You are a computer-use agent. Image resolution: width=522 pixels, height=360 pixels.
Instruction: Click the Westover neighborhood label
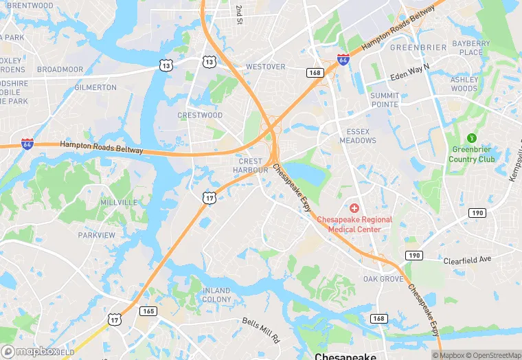(265, 67)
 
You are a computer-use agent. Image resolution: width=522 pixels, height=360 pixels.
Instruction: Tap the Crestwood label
(200, 115)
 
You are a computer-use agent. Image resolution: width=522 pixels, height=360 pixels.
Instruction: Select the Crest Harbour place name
(250, 166)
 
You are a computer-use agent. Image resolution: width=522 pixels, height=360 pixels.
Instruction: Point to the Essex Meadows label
(358, 136)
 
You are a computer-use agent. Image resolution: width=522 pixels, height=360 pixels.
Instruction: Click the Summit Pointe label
(384, 100)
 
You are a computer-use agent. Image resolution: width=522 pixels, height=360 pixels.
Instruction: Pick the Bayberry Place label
(471, 47)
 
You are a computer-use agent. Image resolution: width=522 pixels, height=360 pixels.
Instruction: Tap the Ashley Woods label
(464, 84)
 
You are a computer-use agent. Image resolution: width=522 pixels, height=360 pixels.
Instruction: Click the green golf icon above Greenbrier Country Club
(471, 137)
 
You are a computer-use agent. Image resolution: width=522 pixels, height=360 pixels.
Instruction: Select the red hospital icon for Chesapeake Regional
(354, 207)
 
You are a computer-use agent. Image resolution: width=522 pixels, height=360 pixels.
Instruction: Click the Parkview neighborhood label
(96, 235)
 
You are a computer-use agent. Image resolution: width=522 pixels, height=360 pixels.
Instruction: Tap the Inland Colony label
(216, 295)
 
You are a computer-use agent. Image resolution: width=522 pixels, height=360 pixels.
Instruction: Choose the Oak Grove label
(383, 279)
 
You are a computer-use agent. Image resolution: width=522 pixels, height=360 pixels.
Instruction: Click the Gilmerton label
(95, 87)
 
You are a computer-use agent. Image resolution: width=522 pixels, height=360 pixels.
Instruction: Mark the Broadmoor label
(60, 69)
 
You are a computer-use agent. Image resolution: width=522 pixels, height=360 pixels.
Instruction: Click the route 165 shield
(148, 311)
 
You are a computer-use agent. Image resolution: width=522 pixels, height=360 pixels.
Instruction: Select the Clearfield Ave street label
(467, 260)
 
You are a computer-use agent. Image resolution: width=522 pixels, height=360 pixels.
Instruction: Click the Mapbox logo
(30, 351)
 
